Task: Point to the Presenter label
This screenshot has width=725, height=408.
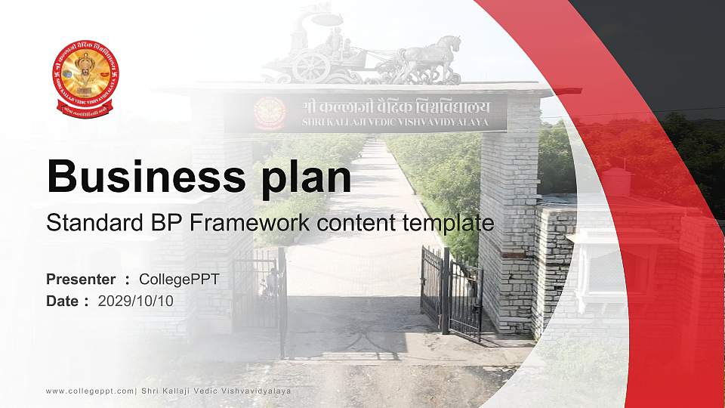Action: (81, 280)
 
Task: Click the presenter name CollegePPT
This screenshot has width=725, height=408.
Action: (179, 280)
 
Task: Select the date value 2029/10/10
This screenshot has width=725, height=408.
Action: (136, 301)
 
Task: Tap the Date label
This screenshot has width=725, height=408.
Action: (63, 301)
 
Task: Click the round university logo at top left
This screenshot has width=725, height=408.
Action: (85, 78)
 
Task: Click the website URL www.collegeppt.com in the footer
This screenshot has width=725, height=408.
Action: (90, 391)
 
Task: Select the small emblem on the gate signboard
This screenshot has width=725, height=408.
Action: (270, 113)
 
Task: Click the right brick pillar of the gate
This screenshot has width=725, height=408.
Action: (510, 219)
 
